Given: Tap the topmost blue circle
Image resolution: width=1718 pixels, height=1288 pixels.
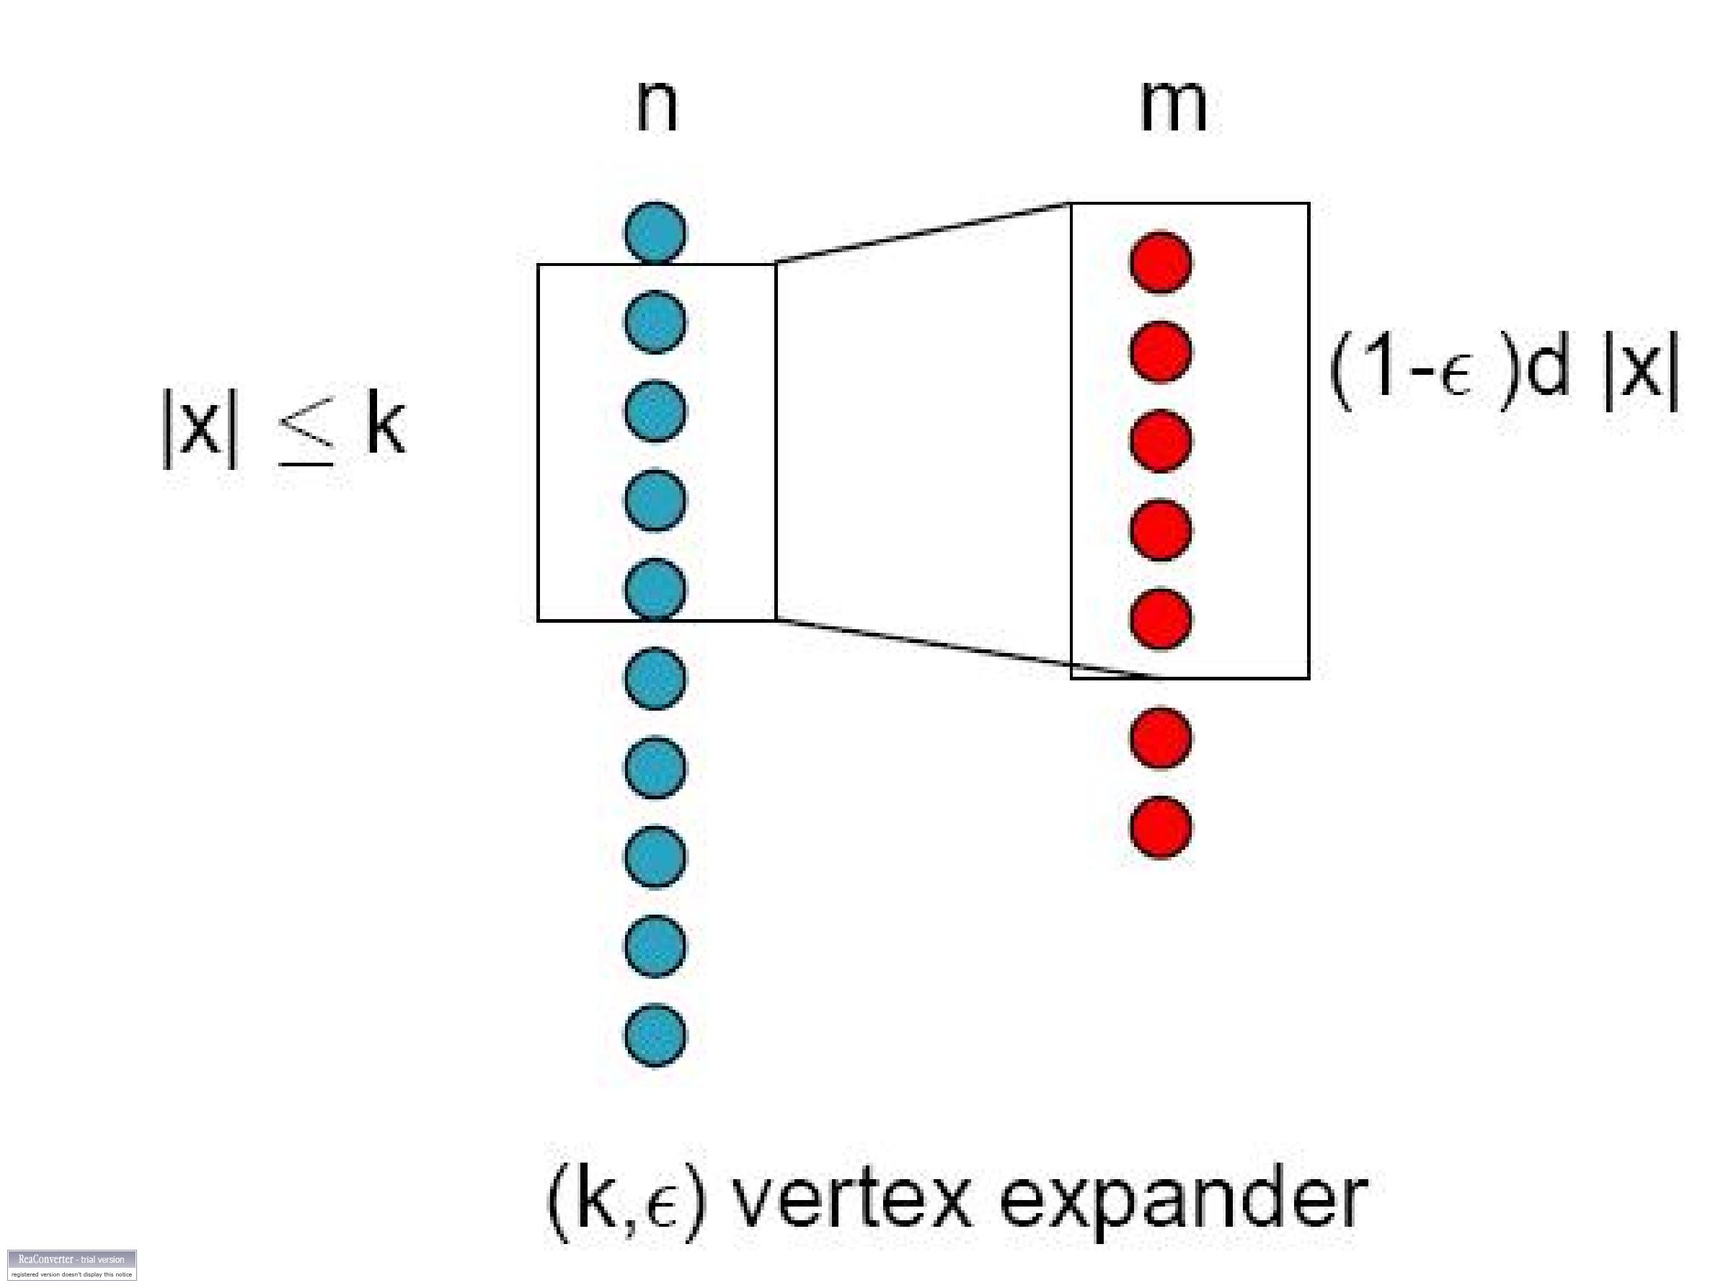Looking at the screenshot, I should (655, 232).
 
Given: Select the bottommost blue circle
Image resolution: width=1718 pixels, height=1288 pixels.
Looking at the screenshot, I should (655, 1035).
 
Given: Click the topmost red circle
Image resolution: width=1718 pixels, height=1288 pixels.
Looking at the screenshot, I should (1160, 262).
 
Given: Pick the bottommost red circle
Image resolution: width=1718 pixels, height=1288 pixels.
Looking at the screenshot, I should (1160, 827).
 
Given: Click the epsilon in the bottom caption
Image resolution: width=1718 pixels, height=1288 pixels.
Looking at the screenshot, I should (661, 1209).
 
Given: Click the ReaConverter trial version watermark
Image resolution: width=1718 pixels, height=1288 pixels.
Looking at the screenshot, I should (71, 1264).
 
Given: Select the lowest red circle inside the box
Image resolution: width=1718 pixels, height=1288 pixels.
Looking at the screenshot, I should (1160, 618).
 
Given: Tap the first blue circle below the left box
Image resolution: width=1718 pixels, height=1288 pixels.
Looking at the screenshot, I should (655, 678).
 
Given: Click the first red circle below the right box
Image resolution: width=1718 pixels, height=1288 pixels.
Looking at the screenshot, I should (1160, 737).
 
